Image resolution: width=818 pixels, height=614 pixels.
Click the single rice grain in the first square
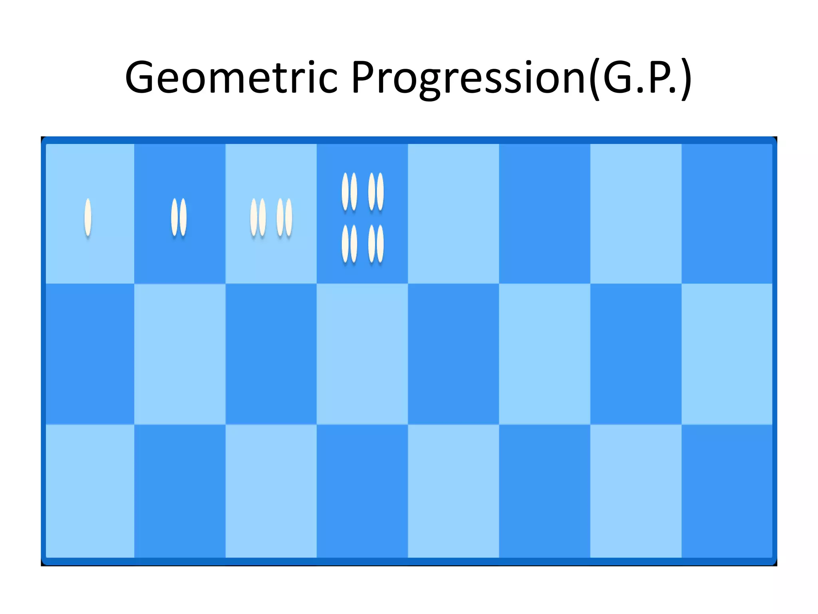click(88, 217)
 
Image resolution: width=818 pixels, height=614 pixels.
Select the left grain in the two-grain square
click(175, 217)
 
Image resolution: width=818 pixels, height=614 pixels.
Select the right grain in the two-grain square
click(183, 217)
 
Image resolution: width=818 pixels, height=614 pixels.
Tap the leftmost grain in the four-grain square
click(254, 217)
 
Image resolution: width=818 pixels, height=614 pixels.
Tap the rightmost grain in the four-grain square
click(289, 217)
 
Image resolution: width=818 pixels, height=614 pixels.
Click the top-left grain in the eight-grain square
click(345, 191)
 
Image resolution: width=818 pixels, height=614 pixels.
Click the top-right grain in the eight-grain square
click(380, 191)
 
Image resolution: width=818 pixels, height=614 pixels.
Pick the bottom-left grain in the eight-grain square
click(345, 243)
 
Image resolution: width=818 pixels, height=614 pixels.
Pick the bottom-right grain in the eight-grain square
click(380, 243)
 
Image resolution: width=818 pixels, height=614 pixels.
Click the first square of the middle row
click(90, 354)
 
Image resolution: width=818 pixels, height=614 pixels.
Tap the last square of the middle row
click(727, 354)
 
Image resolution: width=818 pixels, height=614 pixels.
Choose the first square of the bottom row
click(90, 491)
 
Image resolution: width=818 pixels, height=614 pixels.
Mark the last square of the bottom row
click(727, 491)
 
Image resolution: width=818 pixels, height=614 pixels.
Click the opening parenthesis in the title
click(595, 78)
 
